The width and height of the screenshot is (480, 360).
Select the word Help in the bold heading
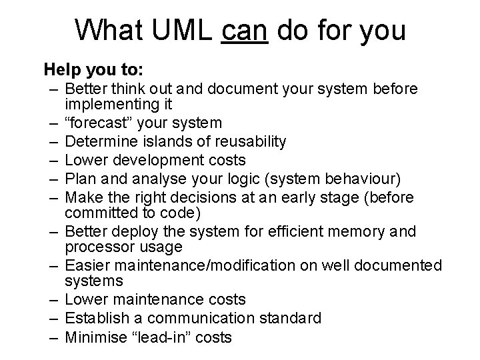[59, 69]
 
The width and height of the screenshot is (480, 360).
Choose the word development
[153, 160]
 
